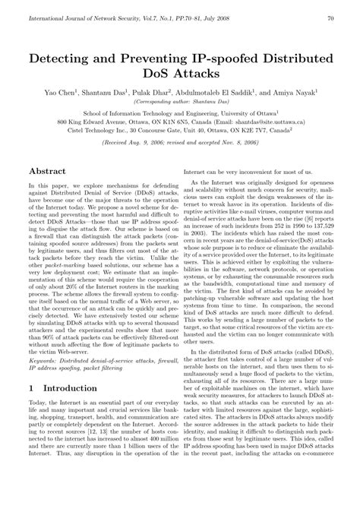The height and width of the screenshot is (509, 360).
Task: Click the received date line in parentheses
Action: [x=181, y=141]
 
